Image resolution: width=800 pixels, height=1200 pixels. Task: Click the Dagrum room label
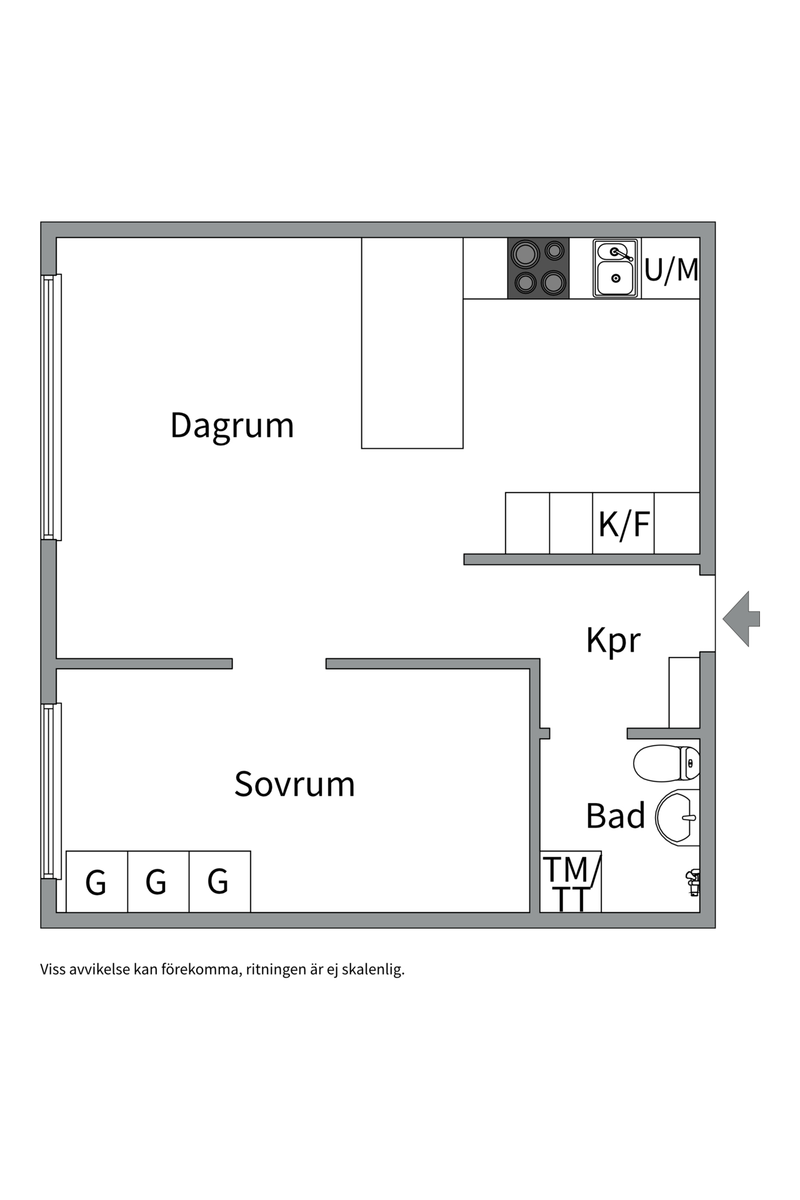(232, 426)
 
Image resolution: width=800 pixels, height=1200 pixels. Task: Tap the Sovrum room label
(294, 784)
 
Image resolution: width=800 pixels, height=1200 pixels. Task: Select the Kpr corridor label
(613, 640)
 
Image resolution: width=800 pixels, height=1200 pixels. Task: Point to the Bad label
(615, 816)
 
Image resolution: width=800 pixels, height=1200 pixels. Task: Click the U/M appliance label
(671, 269)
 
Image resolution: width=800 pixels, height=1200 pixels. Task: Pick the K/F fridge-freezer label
(624, 524)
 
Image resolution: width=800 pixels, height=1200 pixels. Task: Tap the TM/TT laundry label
(571, 882)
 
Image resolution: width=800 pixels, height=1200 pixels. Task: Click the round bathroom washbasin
(677, 816)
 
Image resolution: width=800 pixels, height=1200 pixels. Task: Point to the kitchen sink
(616, 268)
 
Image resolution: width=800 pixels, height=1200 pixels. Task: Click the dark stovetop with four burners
(538, 268)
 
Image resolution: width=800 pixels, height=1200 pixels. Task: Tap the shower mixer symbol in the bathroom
(693, 882)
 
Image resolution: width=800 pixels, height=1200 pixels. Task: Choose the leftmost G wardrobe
(96, 882)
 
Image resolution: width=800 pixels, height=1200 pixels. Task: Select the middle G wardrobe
(157, 882)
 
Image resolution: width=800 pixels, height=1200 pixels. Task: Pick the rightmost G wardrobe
(219, 882)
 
